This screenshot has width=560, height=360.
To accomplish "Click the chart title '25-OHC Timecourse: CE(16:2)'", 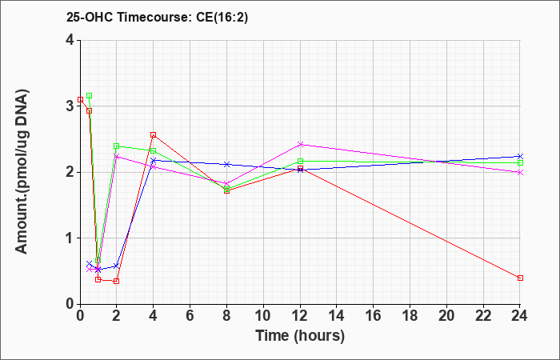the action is coord(157,18).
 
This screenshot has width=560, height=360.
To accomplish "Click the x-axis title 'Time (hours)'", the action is coord(300,336).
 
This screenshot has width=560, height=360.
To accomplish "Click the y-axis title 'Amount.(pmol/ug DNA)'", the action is coord(22,172).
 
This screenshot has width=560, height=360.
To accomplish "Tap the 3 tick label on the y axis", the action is coord(70,106).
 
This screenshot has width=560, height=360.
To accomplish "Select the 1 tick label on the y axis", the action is coord(70,238).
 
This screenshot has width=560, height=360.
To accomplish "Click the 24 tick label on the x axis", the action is coord(520,316).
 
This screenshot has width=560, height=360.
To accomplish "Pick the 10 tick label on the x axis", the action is coord(263,316).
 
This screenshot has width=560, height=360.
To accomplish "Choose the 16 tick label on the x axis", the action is coord(374,316).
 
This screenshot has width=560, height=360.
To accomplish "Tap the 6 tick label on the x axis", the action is coord(190,316).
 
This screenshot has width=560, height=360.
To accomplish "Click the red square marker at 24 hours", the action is coord(520,278).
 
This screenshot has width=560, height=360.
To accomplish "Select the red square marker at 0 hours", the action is coord(80,100).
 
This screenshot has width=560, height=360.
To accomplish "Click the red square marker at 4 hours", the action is coord(154,135).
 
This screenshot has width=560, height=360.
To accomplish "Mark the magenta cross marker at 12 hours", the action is coord(300,144).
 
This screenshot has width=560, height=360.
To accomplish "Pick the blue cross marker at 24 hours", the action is coord(520,157).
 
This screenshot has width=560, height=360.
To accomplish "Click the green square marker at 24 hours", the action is coord(520,163).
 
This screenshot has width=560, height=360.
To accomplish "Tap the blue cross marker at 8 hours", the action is coord(226,164).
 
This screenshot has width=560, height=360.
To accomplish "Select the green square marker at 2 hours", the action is coord(117,146).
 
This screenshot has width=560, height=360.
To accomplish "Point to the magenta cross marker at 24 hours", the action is coord(520,173).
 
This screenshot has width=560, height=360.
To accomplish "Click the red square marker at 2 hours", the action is coord(117,281).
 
